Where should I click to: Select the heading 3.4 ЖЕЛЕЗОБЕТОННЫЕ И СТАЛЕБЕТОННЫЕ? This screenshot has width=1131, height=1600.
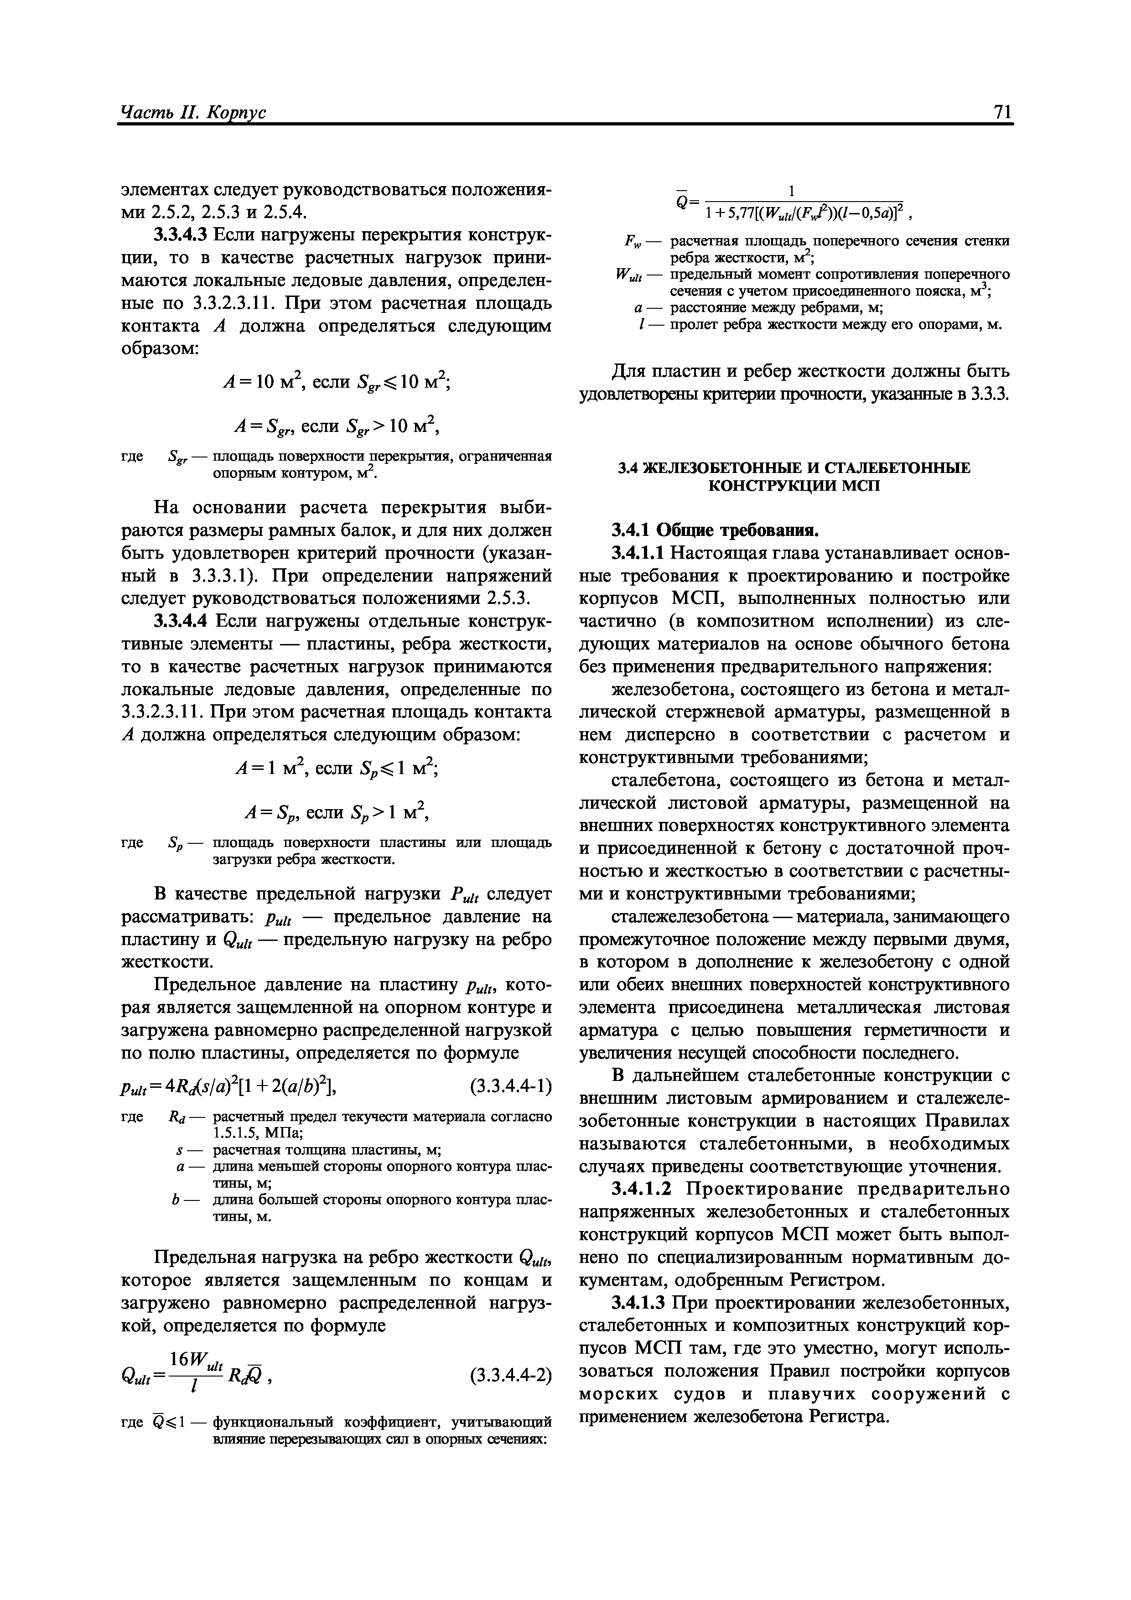tap(794, 468)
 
